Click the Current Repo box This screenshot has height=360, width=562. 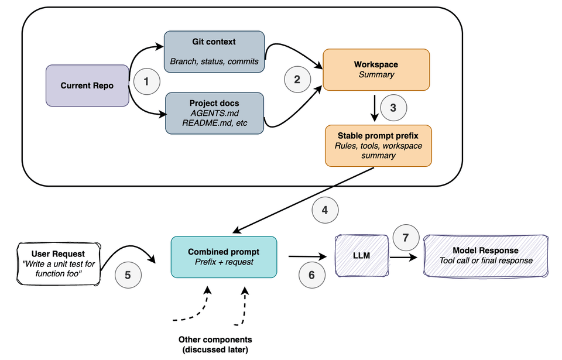(x=87, y=85)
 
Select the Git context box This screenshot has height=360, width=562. (x=214, y=51)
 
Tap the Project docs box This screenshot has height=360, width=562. (x=214, y=112)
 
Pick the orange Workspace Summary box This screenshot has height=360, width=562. (x=376, y=70)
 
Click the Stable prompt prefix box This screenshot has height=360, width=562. (x=378, y=145)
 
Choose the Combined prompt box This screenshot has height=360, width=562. (x=224, y=256)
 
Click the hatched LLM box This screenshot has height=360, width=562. (x=361, y=256)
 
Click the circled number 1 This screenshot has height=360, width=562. (x=146, y=81)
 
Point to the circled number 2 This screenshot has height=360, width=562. (x=297, y=80)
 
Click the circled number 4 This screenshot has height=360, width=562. (x=325, y=210)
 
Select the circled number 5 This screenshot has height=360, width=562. (x=128, y=275)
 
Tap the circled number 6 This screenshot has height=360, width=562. (x=311, y=275)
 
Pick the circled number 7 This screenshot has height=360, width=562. (x=405, y=238)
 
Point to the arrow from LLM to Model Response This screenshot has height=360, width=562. (x=405, y=256)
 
